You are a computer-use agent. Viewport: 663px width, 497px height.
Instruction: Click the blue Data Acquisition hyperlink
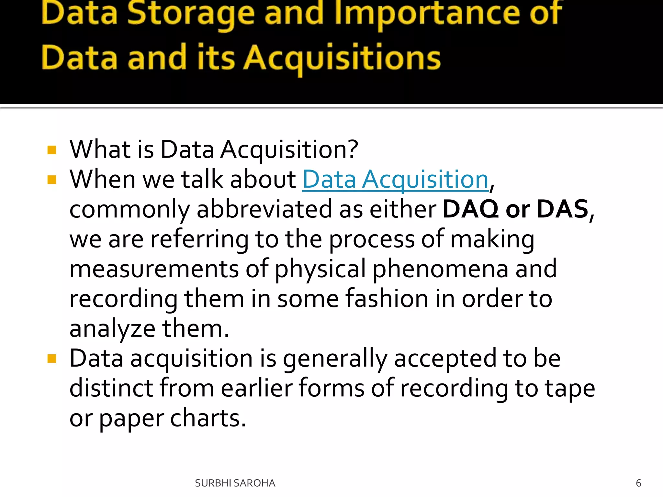[x=395, y=180]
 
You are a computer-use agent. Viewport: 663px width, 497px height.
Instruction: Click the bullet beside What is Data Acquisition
[x=52, y=150]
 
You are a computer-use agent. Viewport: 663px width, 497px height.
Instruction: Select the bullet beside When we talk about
[x=52, y=180]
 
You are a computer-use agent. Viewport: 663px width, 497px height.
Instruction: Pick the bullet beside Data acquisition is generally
[x=52, y=359]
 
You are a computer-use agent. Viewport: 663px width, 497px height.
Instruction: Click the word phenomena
[x=441, y=269]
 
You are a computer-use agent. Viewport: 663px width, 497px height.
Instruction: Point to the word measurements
[x=154, y=269]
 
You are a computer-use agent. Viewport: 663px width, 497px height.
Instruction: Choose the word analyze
[x=112, y=329]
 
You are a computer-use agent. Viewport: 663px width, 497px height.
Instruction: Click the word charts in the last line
[x=208, y=418]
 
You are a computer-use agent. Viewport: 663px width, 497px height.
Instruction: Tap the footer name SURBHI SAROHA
[x=235, y=483]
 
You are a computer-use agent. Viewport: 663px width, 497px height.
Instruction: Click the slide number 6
[x=638, y=483]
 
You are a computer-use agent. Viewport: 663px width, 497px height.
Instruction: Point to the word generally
[x=335, y=359]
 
